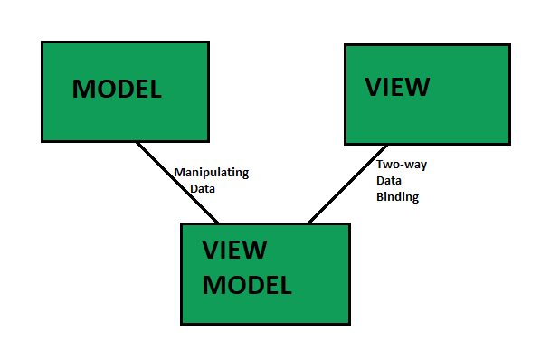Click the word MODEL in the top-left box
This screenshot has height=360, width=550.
click(117, 89)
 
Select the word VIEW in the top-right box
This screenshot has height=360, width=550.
click(397, 87)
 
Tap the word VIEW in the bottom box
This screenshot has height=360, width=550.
click(233, 251)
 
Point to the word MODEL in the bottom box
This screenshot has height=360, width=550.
click(247, 285)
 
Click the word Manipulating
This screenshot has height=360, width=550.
click(211, 172)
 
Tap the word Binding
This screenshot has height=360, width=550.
click(397, 196)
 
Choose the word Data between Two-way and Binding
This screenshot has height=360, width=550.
click(390, 180)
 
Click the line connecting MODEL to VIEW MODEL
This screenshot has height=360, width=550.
click(176, 182)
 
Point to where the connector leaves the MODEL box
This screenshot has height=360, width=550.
click(136, 142)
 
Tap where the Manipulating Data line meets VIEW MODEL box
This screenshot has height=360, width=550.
click(217, 222)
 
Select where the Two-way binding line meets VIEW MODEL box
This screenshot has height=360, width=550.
click(308, 222)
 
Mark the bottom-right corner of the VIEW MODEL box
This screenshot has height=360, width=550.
click(348, 323)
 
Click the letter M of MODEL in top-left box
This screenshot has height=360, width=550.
click(83, 89)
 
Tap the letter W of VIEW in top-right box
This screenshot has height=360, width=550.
click(419, 87)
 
